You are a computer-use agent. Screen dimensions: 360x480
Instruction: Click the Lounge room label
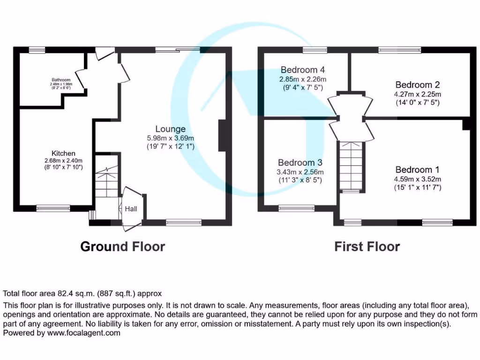[171, 129]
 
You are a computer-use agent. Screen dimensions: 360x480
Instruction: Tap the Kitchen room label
[63, 153]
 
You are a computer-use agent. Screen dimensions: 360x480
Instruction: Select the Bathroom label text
[61, 80]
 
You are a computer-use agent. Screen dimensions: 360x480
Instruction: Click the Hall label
[131, 209]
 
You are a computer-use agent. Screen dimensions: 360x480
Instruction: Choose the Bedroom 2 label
[417, 85]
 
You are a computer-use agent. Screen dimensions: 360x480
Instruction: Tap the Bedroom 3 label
[300, 162]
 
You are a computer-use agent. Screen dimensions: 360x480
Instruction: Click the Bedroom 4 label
[302, 70]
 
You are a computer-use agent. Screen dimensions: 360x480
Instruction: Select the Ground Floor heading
[123, 247]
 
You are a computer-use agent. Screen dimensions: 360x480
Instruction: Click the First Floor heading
[367, 247]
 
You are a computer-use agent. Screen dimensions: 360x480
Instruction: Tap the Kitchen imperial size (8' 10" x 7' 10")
[63, 167]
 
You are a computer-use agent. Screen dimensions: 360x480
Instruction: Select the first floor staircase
[351, 166]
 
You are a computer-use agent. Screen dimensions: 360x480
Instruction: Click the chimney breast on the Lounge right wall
[221, 135]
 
